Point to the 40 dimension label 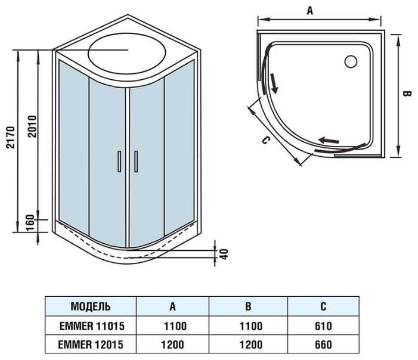pos(224,253)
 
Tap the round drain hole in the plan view pos(350,60)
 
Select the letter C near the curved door pos(267,140)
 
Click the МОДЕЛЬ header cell pos(91,307)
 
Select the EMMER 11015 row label pos(91,326)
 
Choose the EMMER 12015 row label pos(91,345)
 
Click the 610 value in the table pos(322,326)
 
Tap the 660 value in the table pos(322,345)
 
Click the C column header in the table pos(323,307)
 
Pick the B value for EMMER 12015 pos(247,345)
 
